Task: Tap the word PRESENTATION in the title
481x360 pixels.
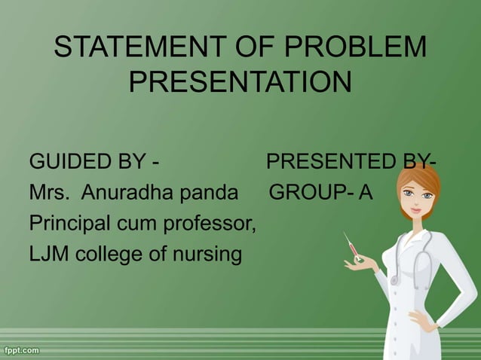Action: (x=240, y=81)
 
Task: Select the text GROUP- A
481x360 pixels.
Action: (x=321, y=194)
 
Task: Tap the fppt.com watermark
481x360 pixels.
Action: (x=22, y=350)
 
